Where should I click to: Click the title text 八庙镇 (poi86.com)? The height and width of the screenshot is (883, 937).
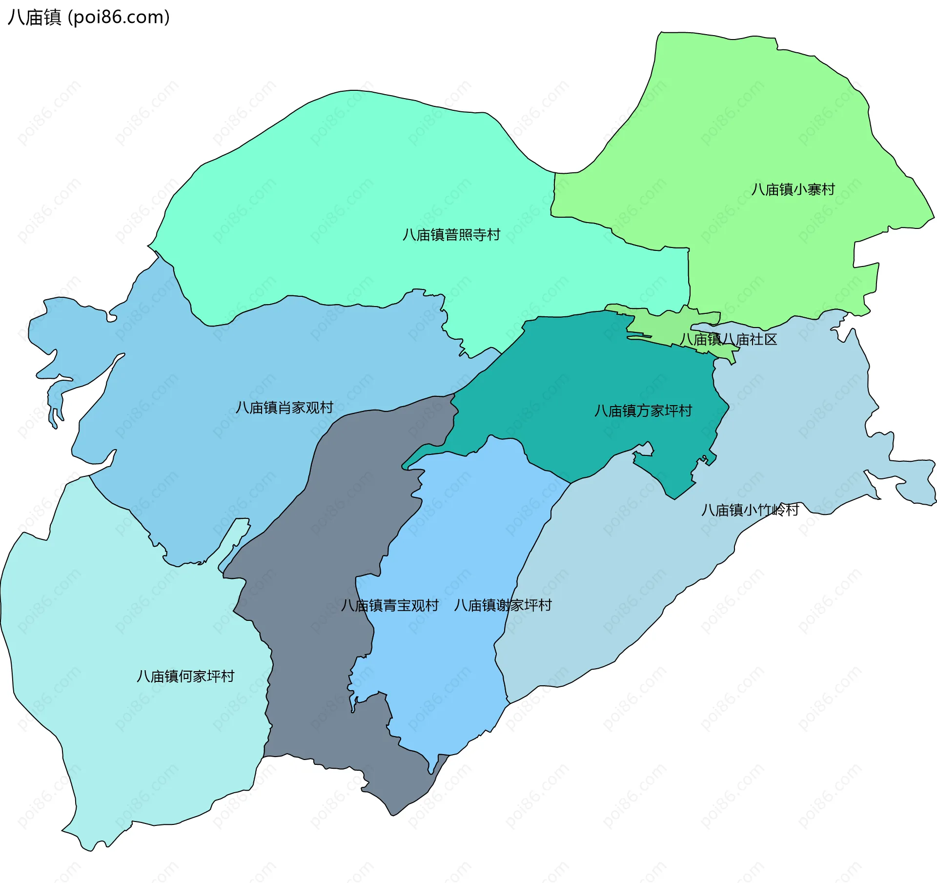88,17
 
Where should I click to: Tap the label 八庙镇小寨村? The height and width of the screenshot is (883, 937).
793,189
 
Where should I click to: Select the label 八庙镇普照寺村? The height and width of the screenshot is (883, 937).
451,235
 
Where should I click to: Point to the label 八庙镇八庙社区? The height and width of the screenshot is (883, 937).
728,339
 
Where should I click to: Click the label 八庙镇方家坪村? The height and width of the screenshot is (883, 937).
643,411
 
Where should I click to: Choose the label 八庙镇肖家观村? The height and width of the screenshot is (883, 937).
285,407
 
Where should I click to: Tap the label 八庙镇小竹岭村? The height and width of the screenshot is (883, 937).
750,510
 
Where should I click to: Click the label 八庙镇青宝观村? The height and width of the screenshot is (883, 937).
390,605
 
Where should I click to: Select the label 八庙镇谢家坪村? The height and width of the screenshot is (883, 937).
503,605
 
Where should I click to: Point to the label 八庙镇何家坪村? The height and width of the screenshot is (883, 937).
185,676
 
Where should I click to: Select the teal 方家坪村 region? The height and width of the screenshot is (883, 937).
586,371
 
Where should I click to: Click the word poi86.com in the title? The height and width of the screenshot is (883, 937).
119,17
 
